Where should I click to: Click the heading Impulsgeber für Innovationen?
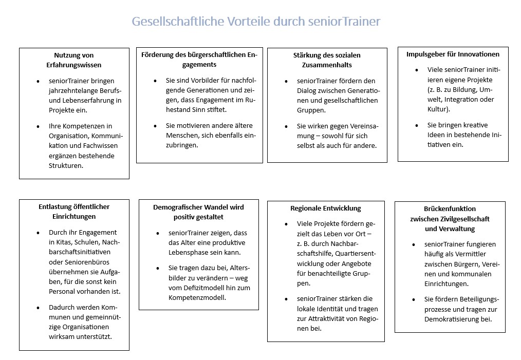[x=453, y=54]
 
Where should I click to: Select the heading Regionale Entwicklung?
[x=325, y=208]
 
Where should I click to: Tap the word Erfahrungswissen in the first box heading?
[x=73, y=65]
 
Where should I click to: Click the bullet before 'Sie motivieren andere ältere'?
[x=155, y=126]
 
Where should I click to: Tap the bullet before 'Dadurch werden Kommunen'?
[x=38, y=307]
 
